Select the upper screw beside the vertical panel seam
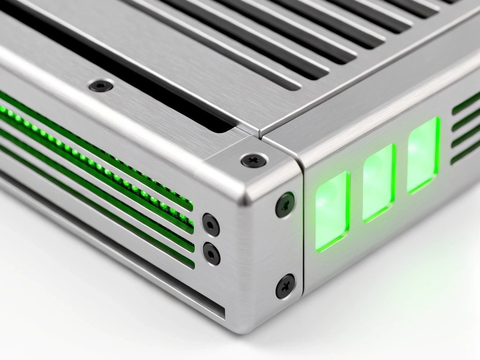click(285, 204)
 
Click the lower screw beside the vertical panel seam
click(285, 286)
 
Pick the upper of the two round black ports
click(210, 225)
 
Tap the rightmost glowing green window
click(423, 155)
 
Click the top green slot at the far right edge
click(466, 103)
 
